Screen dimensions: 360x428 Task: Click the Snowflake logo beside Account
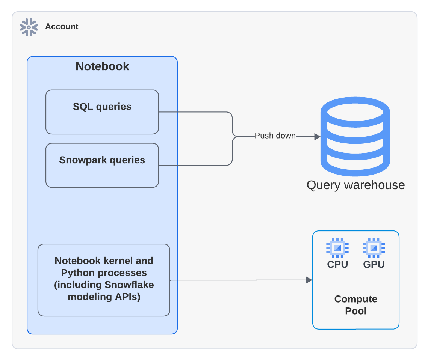click(x=29, y=27)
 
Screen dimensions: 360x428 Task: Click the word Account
click(x=62, y=27)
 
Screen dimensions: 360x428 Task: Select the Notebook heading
click(x=102, y=66)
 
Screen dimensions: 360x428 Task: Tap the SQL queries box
click(x=102, y=112)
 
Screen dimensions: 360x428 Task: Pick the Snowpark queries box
click(x=102, y=165)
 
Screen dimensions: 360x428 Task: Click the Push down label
click(x=275, y=136)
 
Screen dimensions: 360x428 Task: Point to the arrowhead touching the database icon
click(x=317, y=137)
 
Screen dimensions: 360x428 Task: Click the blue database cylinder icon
click(x=355, y=137)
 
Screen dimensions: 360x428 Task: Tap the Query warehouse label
click(x=355, y=185)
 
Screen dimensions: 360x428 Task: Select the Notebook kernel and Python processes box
click(x=104, y=280)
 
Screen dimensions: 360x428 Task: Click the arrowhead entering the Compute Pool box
click(x=309, y=280)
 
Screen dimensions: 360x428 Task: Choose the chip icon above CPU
click(x=337, y=248)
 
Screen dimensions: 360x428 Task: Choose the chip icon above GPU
click(x=374, y=248)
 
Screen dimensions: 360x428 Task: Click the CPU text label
click(x=337, y=264)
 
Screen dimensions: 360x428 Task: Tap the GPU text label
click(x=374, y=264)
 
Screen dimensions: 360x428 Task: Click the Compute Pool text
click(x=355, y=305)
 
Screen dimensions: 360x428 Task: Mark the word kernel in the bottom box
click(x=115, y=261)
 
